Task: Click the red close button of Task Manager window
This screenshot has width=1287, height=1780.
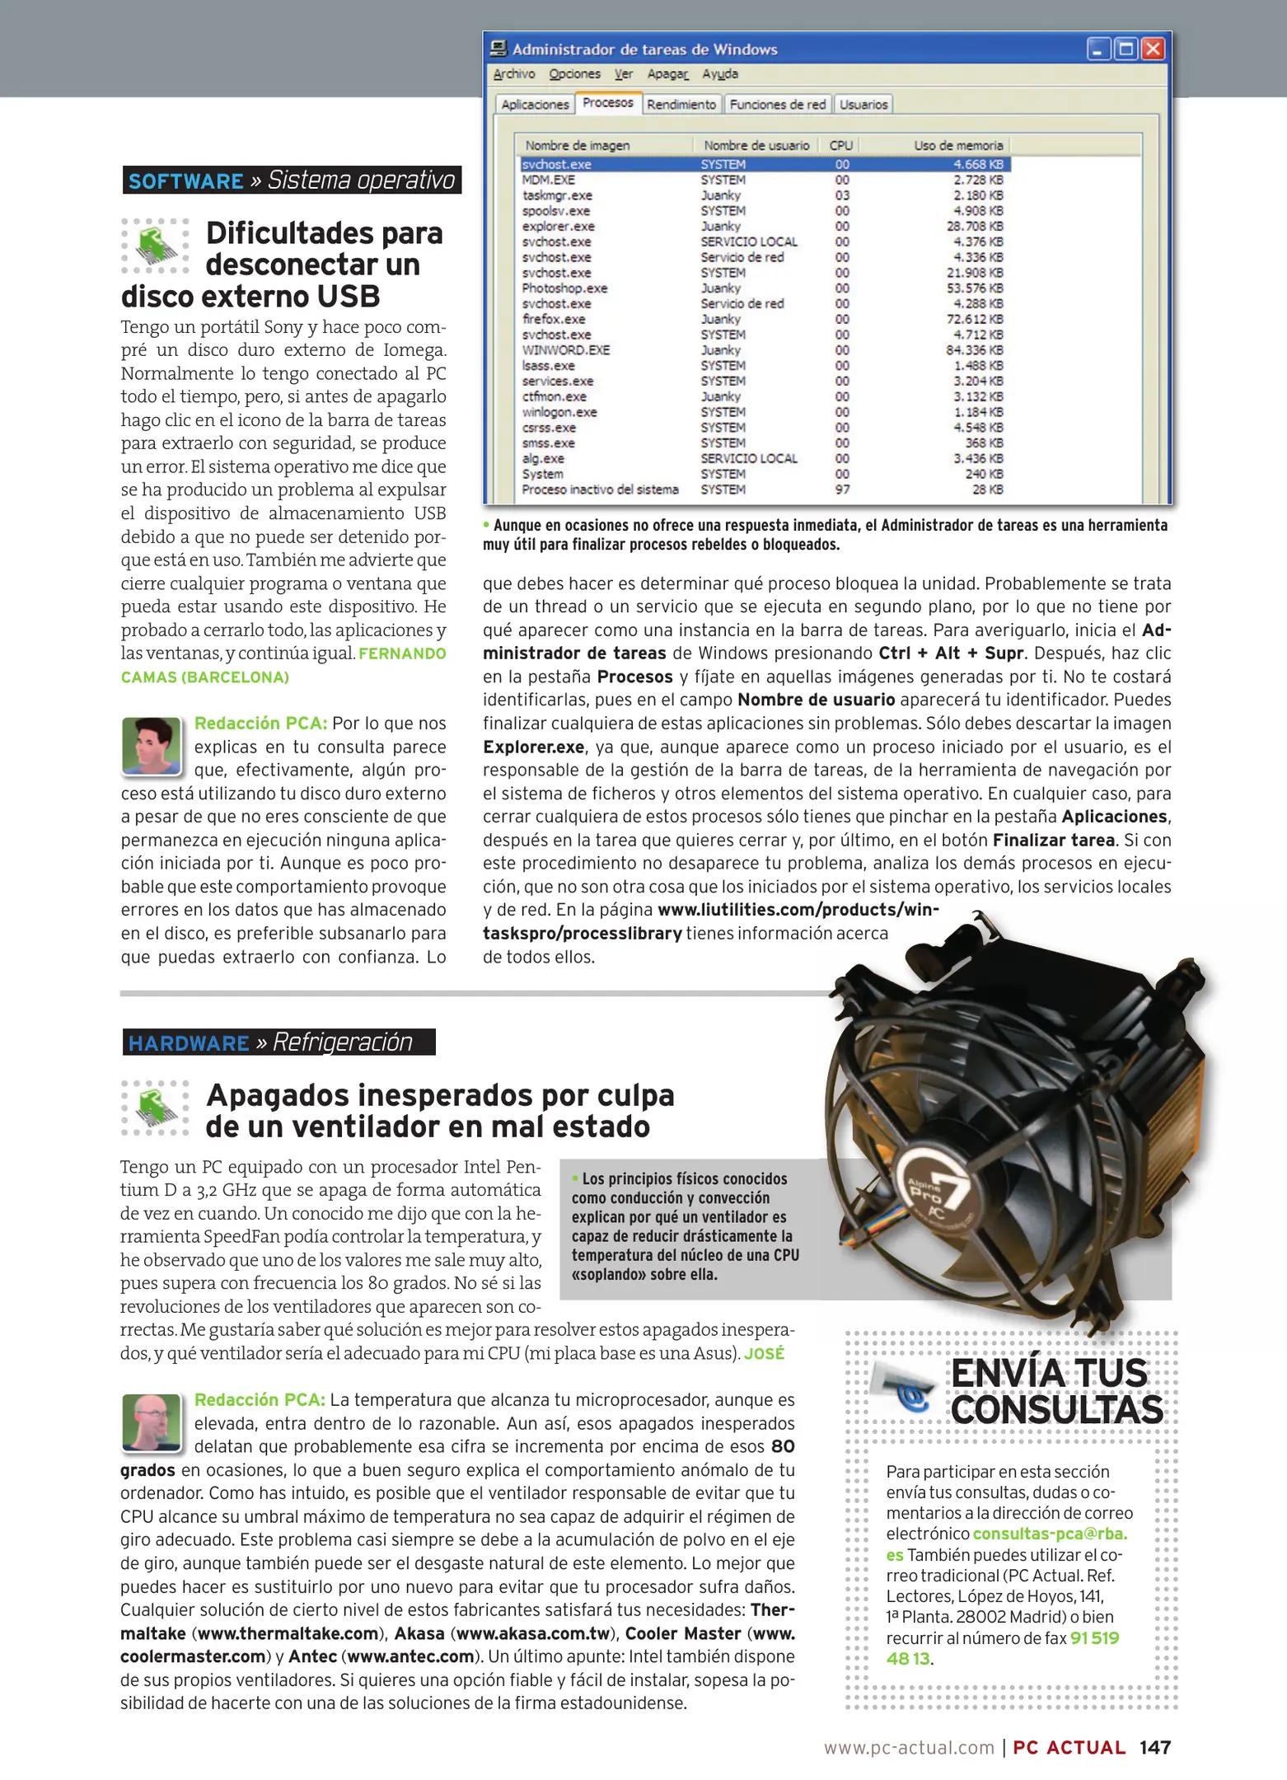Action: pos(1154,49)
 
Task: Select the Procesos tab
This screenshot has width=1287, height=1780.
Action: pos(607,103)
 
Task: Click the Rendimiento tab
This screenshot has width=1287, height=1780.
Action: pos(681,105)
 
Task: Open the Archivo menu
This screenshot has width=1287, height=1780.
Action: pos(513,74)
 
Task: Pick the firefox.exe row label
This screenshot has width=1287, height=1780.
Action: pos(554,319)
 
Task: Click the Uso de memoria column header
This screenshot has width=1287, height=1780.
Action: pos(958,146)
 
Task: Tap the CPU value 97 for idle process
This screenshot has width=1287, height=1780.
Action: pos(842,489)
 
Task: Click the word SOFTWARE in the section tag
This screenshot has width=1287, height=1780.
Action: pos(186,181)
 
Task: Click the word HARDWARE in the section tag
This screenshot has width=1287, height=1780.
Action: pos(189,1043)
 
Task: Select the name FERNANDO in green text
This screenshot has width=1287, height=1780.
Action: pos(402,653)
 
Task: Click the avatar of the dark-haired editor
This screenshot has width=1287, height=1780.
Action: pos(151,746)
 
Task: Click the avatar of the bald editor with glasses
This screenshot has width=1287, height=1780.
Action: pos(151,1422)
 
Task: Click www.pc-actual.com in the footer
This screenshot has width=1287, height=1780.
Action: pos(909,1748)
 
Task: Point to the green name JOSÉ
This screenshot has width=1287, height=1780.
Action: pos(764,1353)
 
